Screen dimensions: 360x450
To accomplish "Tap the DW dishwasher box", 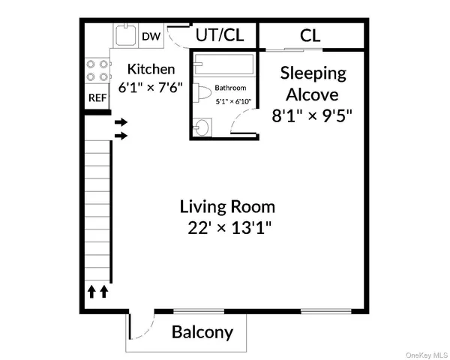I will pyautogui.click(x=151, y=35).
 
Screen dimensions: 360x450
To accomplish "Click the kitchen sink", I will pyautogui.click(x=124, y=34).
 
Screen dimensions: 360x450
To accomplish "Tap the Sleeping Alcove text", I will pyautogui.click(x=313, y=83).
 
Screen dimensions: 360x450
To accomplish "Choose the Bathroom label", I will pyautogui.click(x=231, y=87).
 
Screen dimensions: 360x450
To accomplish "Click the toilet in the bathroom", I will pyautogui.click(x=202, y=94).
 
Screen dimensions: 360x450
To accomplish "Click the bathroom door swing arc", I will pyautogui.click(x=241, y=120).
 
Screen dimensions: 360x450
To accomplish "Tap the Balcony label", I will pyautogui.click(x=202, y=331).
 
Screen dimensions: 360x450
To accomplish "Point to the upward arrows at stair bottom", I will pyautogui.click(x=97, y=290).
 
